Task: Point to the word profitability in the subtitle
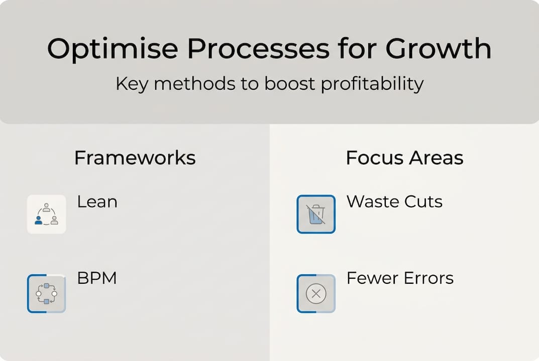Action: (372, 84)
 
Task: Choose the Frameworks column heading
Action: (135, 158)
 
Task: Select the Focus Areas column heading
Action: (404, 158)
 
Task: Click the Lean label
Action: (97, 202)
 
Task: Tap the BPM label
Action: (96, 278)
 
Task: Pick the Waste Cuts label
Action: (394, 202)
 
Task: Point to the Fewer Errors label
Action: (400, 278)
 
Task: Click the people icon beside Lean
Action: (46, 214)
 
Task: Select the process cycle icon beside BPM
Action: (46, 293)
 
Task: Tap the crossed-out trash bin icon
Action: (316, 214)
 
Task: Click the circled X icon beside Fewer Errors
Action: (316, 293)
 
